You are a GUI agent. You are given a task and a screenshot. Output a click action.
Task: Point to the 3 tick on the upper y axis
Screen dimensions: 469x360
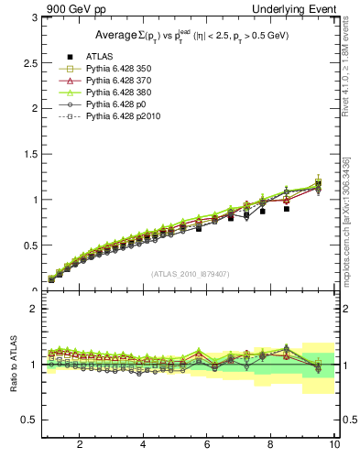coord(34,17)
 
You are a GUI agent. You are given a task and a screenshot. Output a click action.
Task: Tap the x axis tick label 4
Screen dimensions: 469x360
coord(143,446)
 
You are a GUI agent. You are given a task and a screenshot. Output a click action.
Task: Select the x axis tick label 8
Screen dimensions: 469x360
coord(270,446)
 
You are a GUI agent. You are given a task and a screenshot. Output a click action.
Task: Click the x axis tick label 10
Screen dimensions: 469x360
coord(333,446)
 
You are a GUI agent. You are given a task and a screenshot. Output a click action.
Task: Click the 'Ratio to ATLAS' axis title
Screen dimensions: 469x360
coord(13,364)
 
